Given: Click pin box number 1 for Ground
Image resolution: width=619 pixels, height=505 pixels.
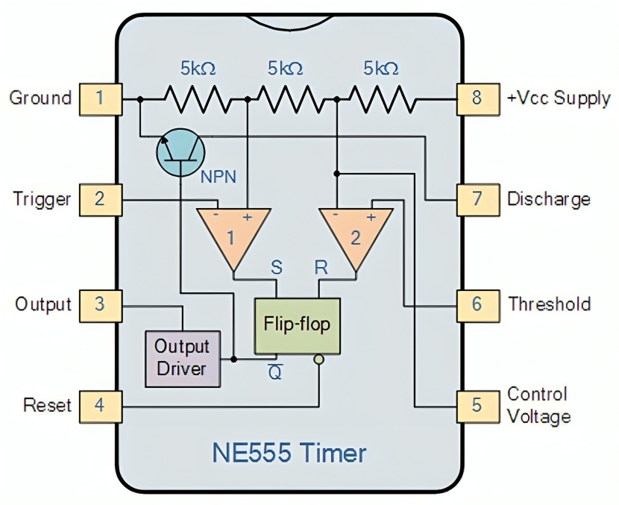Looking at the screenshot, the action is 101,99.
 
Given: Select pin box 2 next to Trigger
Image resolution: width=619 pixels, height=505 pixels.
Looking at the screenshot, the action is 101,200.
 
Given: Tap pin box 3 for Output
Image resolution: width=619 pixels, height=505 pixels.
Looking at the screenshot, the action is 101,306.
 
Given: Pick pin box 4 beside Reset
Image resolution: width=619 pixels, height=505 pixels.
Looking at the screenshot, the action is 101,407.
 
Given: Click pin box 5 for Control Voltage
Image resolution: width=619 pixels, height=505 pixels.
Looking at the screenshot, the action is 478,407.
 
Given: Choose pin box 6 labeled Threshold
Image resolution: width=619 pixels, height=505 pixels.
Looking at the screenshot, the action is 478,306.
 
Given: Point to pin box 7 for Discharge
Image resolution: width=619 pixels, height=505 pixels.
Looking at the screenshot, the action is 478,200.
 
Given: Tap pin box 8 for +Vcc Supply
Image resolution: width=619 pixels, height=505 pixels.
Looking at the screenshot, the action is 478,99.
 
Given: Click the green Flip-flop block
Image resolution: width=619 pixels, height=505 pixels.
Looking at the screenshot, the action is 298,326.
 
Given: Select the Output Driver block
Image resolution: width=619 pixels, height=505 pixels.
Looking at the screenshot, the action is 183,359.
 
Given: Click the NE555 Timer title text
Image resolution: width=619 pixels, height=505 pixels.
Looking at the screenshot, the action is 289,453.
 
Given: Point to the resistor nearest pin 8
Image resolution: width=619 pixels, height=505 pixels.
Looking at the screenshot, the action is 383,99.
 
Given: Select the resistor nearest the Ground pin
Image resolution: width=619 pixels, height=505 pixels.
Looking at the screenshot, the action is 198,99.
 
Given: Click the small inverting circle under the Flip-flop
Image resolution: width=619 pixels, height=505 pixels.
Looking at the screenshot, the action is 319,360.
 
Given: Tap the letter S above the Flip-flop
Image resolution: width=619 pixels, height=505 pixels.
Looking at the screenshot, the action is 277,268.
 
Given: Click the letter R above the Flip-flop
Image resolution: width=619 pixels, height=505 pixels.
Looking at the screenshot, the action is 321,268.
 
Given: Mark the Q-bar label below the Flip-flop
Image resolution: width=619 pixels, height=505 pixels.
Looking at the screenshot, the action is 275,372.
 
